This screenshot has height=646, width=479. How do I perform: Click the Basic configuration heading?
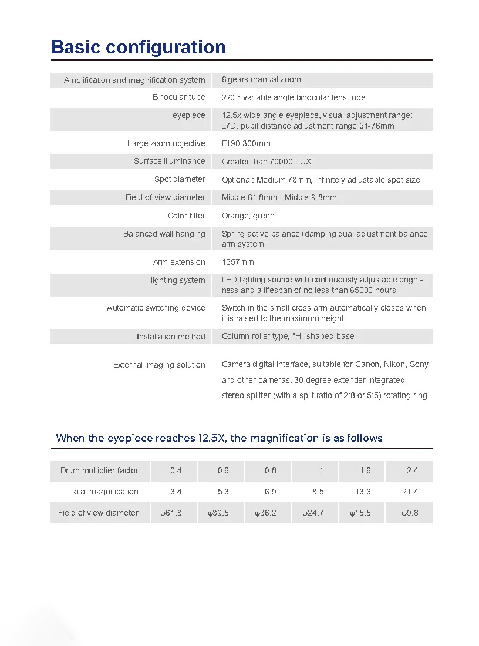coord(139,47)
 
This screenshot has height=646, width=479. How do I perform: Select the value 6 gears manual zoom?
coord(261,79)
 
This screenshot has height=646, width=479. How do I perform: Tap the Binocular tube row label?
coord(178,97)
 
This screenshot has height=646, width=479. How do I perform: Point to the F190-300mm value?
coord(246,143)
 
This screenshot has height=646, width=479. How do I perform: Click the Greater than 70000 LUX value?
coord(267,161)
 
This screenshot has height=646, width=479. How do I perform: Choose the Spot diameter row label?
coord(180,179)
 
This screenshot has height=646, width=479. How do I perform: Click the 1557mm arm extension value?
coord(238,262)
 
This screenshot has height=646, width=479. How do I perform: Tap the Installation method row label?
coord(171,337)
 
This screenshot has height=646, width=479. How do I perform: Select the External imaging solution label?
coord(159,365)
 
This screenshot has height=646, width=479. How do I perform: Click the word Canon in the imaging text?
coord(367,364)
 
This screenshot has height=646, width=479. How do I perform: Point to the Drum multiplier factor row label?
coord(99,470)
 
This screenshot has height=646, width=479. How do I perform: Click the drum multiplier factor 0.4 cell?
coord(176,470)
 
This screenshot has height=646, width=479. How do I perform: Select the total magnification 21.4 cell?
coord(410,492)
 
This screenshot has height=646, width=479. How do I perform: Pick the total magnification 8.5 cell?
coord(318,492)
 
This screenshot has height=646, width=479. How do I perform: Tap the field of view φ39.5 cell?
coord(218,513)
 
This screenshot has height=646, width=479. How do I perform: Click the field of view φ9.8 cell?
coord(410,513)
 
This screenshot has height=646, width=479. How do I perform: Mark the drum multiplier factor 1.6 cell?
coord(365,470)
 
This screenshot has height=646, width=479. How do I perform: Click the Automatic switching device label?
coord(156,308)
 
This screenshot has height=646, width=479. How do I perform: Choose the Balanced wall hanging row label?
coord(164,234)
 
